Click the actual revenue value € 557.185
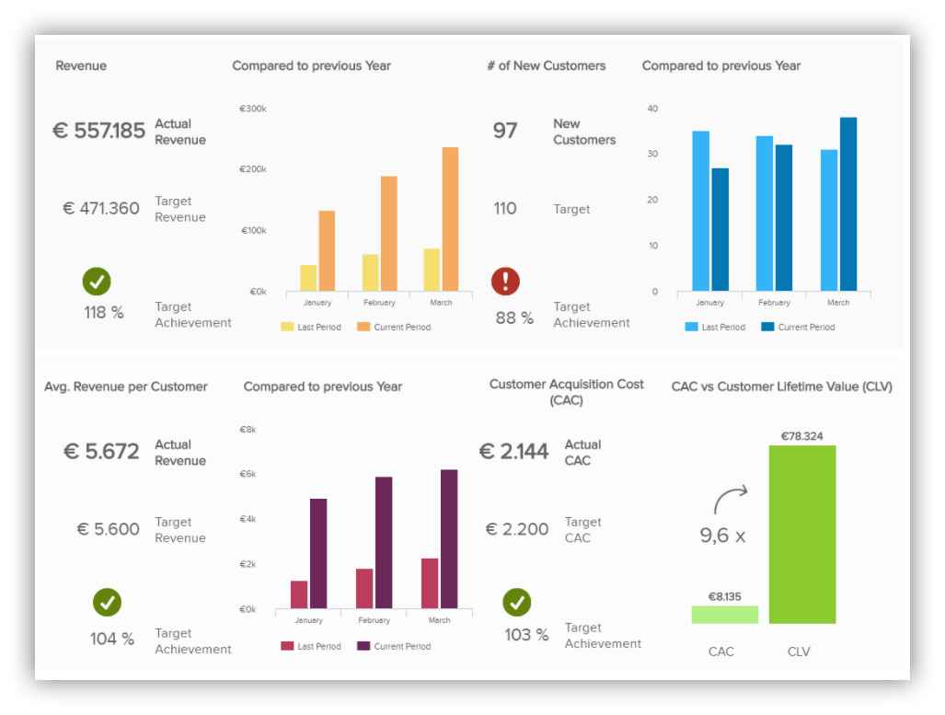point(98,131)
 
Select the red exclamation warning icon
point(505,282)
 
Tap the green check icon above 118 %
point(97,282)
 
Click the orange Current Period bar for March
point(450,219)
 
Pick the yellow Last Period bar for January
point(308,278)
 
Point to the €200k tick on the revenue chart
point(253,169)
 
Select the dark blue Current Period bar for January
point(720,229)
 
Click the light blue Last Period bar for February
point(765,213)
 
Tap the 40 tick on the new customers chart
point(652,109)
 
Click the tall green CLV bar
point(802,534)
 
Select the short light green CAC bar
point(725,615)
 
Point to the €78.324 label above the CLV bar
point(802,436)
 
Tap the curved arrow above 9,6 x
point(729,500)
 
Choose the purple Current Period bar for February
point(384,542)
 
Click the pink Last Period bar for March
point(430,583)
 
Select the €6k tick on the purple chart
point(248,474)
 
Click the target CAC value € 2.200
point(517,529)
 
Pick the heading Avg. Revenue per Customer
point(126,386)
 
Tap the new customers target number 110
point(505,208)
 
